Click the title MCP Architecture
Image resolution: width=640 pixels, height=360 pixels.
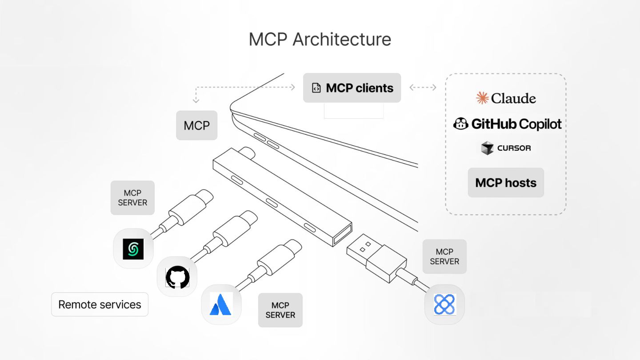click(x=320, y=39)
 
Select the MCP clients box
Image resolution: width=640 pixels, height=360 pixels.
click(x=352, y=88)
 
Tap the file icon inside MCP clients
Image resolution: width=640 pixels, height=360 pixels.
click(x=316, y=88)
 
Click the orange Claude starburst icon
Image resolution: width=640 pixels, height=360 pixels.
click(x=482, y=98)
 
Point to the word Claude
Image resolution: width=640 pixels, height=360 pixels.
click(x=513, y=98)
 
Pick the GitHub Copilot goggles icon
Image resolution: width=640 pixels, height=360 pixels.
click(x=461, y=124)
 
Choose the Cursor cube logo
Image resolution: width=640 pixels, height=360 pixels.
click(x=488, y=148)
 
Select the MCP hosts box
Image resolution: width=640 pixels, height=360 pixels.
click(x=506, y=183)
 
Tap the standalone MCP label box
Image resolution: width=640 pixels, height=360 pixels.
click(x=196, y=125)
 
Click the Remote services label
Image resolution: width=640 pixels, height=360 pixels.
click(x=100, y=304)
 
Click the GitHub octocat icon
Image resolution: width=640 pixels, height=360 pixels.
click(x=177, y=276)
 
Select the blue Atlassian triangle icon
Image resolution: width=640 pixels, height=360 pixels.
click(x=221, y=304)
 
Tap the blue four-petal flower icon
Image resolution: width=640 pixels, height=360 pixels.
click(x=444, y=304)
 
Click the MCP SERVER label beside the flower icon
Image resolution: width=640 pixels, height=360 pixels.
click(x=444, y=256)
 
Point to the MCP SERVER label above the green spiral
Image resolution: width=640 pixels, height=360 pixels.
click(x=132, y=198)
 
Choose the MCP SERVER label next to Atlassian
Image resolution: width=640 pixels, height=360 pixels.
click(x=280, y=310)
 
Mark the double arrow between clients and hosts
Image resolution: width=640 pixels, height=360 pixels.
click(x=423, y=88)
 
